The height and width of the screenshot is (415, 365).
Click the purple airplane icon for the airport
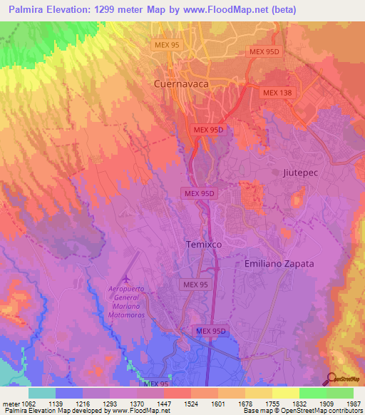click(x=128, y=277)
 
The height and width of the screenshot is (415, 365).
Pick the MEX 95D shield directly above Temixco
click(x=199, y=193)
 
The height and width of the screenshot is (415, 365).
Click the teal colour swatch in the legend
click(x=41, y=393)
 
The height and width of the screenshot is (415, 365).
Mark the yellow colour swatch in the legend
click(x=285, y=393)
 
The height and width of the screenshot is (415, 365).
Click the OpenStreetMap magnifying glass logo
click(x=330, y=379)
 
